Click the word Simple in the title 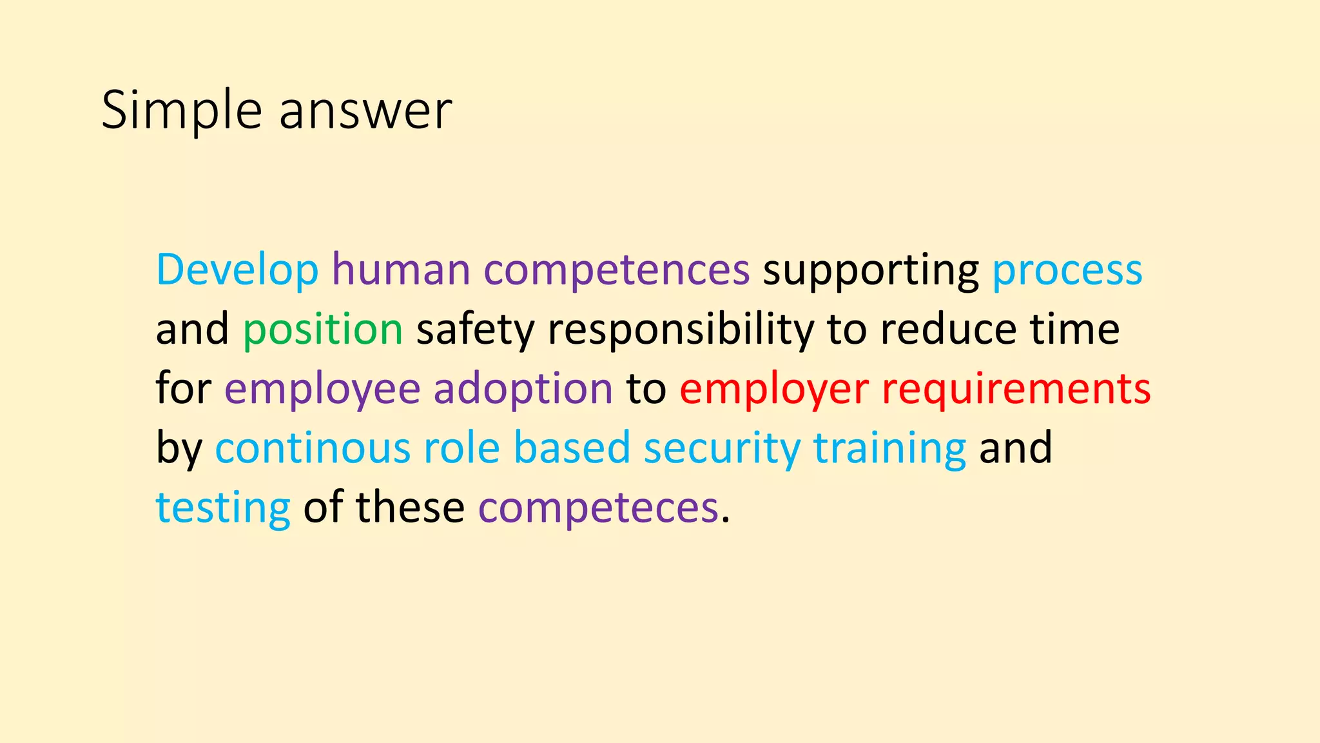[181, 111]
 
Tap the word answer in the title [365, 111]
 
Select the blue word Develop [237, 270]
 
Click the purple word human [401, 270]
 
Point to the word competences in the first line [616, 270]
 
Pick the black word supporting [871, 270]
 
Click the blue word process [1067, 270]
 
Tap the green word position [323, 329]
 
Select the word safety [476, 329]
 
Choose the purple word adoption [523, 388]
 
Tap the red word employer [774, 388]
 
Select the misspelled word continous [313, 448]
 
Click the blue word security [722, 448]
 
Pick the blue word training [889, 448]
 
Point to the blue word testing [223, 508]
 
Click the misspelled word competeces [598, 508]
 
